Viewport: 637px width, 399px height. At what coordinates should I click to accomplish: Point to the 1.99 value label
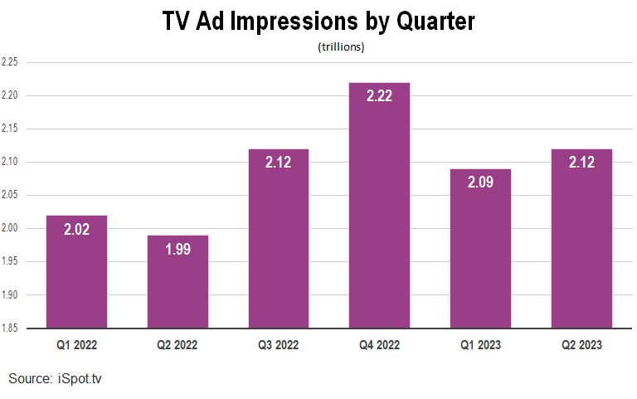click(x=177, y=248)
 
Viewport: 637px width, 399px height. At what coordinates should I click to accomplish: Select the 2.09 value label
click(x=480, y=182)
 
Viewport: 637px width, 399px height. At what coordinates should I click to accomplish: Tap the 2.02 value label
click(x=76, y=228)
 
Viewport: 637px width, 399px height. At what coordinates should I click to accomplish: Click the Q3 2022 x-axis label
click(x=279, y=343)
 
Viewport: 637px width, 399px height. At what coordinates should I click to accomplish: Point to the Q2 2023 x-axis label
click(x=581, y=343)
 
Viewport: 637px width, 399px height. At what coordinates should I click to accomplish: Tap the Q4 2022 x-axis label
click(x=379, y=343)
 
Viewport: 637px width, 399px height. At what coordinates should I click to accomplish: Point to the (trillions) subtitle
click(x=341, y=47)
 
